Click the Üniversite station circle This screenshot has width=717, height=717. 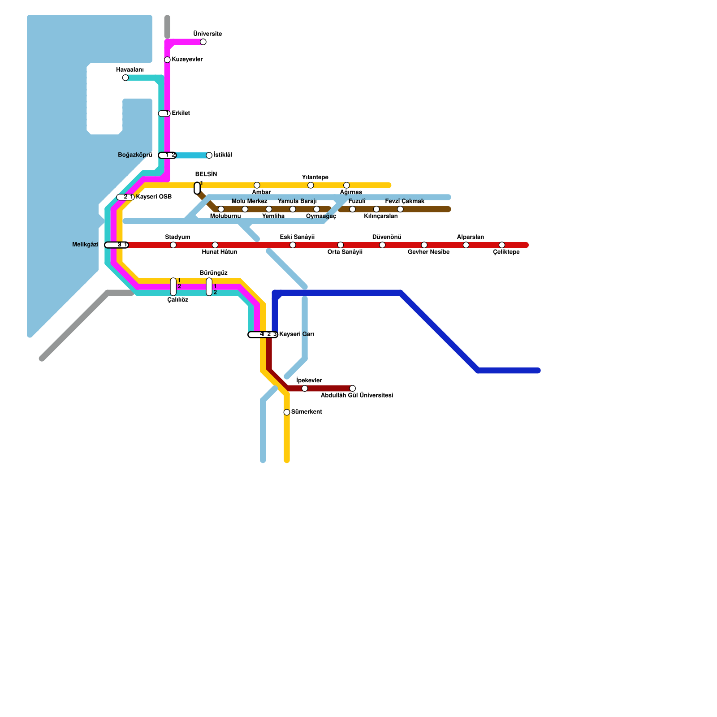(x=203, y=42)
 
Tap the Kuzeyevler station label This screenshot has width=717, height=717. (x=187, y=60)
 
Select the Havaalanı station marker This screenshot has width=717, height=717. (x=125, y=78)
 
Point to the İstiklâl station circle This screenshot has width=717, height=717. (x=209, y=155)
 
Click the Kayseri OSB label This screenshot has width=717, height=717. (x=154, y=197)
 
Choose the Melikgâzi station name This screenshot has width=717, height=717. (x=85, y=245)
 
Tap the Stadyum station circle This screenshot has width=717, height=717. (x=173, y=245)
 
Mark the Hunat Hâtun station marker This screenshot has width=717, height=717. (x=215, y=245)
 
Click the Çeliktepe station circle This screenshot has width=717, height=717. (x=502, y=245)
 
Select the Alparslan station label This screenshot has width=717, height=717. (x=471, y=237)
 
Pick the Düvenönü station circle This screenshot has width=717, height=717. (x=382, y=245)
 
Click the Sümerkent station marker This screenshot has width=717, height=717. (x=287, y=412)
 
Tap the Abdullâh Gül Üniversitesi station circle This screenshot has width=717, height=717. (x=353, y=389)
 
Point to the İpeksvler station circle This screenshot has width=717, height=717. (x=305, y=389)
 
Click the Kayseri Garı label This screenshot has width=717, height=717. (x=297, y=334)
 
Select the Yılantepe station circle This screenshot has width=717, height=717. (x=311, y=186)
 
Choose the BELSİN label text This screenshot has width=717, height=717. (x=206, y=175)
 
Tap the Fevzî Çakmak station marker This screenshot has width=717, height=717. (x=400, y=209)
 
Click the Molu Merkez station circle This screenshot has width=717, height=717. (x=245, y=209)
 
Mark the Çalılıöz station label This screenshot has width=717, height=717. (x=177, y=300)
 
